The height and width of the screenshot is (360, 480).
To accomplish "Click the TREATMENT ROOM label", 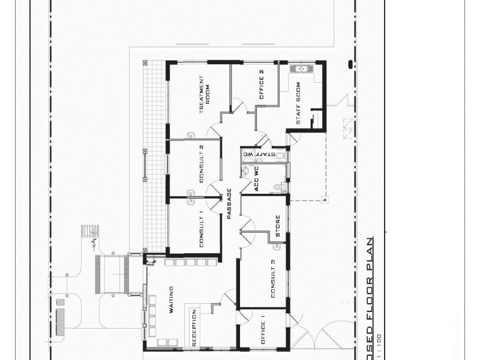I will (204, 94).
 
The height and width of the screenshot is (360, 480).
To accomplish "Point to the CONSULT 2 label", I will (202, 164).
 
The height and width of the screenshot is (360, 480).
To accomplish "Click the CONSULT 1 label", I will (202, 230).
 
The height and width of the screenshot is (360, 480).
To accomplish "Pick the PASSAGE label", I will (229, 203).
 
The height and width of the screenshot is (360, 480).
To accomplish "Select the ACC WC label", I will (256, 179).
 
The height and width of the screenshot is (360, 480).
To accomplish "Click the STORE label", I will (277, 226).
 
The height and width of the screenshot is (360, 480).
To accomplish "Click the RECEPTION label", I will (194, 328).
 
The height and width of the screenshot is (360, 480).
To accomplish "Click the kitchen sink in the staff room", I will (299, 70).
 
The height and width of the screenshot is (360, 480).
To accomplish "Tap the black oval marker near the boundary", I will (350, 64).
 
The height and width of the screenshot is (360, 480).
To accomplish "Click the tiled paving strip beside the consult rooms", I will (155, 156).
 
